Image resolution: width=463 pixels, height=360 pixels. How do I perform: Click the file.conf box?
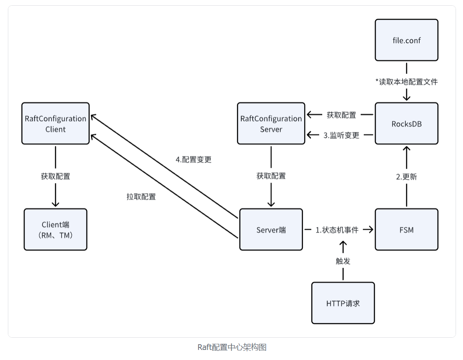pyautogui.click(x=406, y=40)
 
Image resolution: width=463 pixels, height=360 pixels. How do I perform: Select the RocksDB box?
pyautogui.click(x=406, y=124)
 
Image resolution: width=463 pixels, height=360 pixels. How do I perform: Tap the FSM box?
pyautogui.click(x=406, y=229)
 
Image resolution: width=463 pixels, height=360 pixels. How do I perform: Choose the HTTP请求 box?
pyautogui.click(x=343, y=303)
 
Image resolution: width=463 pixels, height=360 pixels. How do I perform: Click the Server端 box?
pyautogui.click(x=271, y=229)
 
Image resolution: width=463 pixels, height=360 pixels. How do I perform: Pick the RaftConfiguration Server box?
pyautogui.click(x=271, y=124)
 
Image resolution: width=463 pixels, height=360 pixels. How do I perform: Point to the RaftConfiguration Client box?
pyautogui.click(x=56, y=124)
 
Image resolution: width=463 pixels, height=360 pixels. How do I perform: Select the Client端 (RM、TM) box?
pyautogui.click(x=56, y=229)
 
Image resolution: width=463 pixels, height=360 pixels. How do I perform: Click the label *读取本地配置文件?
pyautogui.click(x=406, y=82)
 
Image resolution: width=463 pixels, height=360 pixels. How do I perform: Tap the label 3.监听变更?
pyautogui.click(x=341, y=135)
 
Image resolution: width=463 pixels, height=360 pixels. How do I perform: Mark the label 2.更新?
pyautogui.click(x=406, y=177)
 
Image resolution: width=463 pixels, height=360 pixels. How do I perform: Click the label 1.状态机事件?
pyautogui.click(x=337, y=230)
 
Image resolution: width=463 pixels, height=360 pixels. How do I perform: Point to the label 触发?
pyautogui.click(x=343, y=261)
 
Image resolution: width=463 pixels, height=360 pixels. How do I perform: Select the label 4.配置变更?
pyautogui.click(x=193, y=159)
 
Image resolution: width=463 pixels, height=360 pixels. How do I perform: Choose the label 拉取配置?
pyautogui.click(x=141, y=197)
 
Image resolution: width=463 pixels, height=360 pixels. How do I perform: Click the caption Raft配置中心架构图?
pyautogui.click(x=232, y=347)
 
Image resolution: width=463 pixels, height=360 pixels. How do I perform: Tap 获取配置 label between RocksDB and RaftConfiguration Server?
pyautogui.click(x=341, y=115)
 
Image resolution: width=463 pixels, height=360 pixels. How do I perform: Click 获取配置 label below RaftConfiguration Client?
pyautogui.click(x=56, y=177)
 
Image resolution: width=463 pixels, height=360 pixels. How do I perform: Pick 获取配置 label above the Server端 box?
pyautogui.click(x=271, y=176)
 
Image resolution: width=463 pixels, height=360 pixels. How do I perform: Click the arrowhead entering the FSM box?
pyautogui.click(x=371, y=230)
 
